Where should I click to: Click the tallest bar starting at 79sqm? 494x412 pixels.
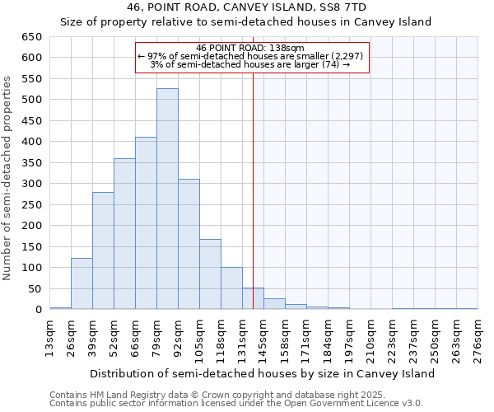click(x=167, y=199)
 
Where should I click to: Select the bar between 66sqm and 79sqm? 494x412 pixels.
click(x=146, y=223)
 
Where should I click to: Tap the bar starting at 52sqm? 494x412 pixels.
click(x=124, y=234)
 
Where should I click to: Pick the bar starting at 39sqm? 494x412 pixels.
click(x=103, y=250)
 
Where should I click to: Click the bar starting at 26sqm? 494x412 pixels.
click(x=82, y=283)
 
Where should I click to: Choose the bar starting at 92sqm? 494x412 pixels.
click(x=189, y=244)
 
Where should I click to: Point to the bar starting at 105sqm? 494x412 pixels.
click(x=210, y=274)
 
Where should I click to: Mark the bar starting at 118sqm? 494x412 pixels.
click(x=231, y=288)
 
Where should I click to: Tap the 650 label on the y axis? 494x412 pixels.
click(x=33, y=37)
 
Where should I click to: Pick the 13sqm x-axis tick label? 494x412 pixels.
click(x=50, y=336)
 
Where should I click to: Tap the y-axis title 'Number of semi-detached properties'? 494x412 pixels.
click(x=8, y=178)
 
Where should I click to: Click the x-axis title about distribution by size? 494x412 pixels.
click(x=262, y=373)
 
